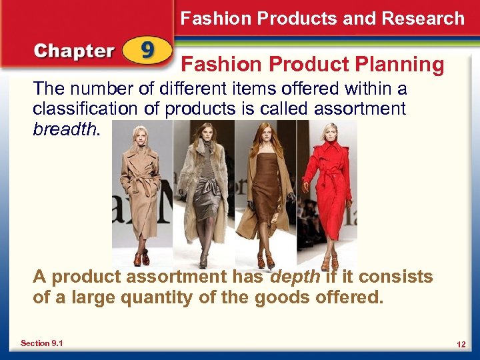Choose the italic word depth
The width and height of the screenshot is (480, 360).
pyautogui.click(x=295, y=277)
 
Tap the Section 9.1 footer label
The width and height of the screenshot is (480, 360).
pyautogui.click(x=42, y=343)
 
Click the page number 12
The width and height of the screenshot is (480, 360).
pyautogui.click(x=461, y=344)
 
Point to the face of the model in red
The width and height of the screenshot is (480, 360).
pyautogui.click(x=330, y=134)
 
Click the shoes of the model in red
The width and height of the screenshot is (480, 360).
pyautogui.click(x=329, y=263)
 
